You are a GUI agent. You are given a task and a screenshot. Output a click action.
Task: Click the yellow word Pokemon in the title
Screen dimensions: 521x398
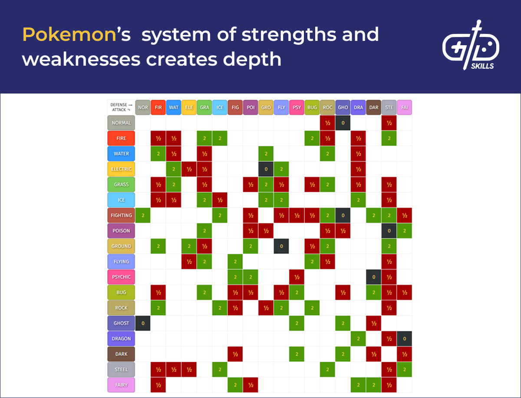(69, 35)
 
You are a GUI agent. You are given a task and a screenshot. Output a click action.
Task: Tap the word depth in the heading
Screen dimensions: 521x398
(252, 60)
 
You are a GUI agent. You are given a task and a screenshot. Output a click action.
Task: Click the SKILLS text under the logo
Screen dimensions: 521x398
(482, 66)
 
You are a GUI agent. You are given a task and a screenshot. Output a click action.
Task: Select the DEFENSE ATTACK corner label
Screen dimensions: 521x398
(121, 107)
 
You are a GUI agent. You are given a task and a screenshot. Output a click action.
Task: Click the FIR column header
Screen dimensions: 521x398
(158, 107)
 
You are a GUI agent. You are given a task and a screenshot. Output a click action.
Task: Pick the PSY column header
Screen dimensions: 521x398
(297, 107)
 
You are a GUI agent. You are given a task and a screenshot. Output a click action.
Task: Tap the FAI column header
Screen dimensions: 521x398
(405, 107)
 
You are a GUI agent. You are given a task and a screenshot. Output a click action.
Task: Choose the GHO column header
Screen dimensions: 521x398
(343, 107)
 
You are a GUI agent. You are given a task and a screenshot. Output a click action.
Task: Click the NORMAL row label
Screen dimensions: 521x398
(121, 123)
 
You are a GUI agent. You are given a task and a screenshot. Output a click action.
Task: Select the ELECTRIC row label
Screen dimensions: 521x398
(121, 169)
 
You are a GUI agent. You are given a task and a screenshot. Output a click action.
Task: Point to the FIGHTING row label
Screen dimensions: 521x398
(121, 215)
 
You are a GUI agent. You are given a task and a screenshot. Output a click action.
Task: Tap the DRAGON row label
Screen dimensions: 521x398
(121, 338)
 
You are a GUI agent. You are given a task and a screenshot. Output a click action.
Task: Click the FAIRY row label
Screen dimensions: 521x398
(121, 385)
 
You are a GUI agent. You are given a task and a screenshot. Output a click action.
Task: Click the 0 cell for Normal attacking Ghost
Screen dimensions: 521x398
(343, 123)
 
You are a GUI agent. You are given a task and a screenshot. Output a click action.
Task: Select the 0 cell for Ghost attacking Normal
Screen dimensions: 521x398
(143, 323)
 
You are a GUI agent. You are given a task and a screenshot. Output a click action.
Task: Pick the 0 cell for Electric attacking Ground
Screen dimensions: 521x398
(266, 169)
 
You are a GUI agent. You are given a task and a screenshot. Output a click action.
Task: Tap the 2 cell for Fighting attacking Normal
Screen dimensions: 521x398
(143, 215)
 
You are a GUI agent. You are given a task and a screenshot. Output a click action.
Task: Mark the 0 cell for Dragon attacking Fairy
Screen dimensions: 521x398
(405, 338)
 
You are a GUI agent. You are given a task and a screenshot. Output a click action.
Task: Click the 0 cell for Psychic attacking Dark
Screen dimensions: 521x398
(374, 277)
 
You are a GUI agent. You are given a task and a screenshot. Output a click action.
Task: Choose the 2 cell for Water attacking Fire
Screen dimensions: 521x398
(158, 154)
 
